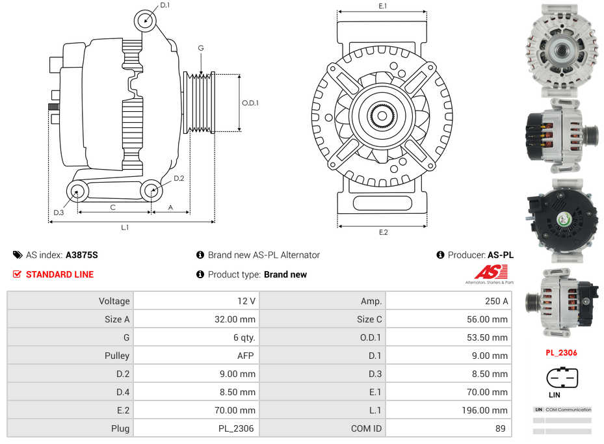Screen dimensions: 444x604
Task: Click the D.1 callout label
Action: pos(164,5)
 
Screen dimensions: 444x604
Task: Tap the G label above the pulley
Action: pos(201,48)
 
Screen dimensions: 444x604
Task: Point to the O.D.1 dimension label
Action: pos(250,103)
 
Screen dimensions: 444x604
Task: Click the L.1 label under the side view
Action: pos(124,228)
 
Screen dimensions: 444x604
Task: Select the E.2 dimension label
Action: pos(383,233)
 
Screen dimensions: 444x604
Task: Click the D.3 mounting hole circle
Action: pos(77,191)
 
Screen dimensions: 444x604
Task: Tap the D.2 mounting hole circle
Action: pos(151,191)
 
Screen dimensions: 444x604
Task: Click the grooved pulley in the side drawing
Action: pos(200,103)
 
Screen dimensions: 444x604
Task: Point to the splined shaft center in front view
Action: pos(382,116)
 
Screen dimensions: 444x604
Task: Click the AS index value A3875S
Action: pos(82,255)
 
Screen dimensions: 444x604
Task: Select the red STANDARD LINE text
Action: pos(60,274)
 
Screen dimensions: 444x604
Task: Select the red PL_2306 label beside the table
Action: pos(561,353)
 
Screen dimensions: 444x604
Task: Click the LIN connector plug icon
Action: pos(562,378)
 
